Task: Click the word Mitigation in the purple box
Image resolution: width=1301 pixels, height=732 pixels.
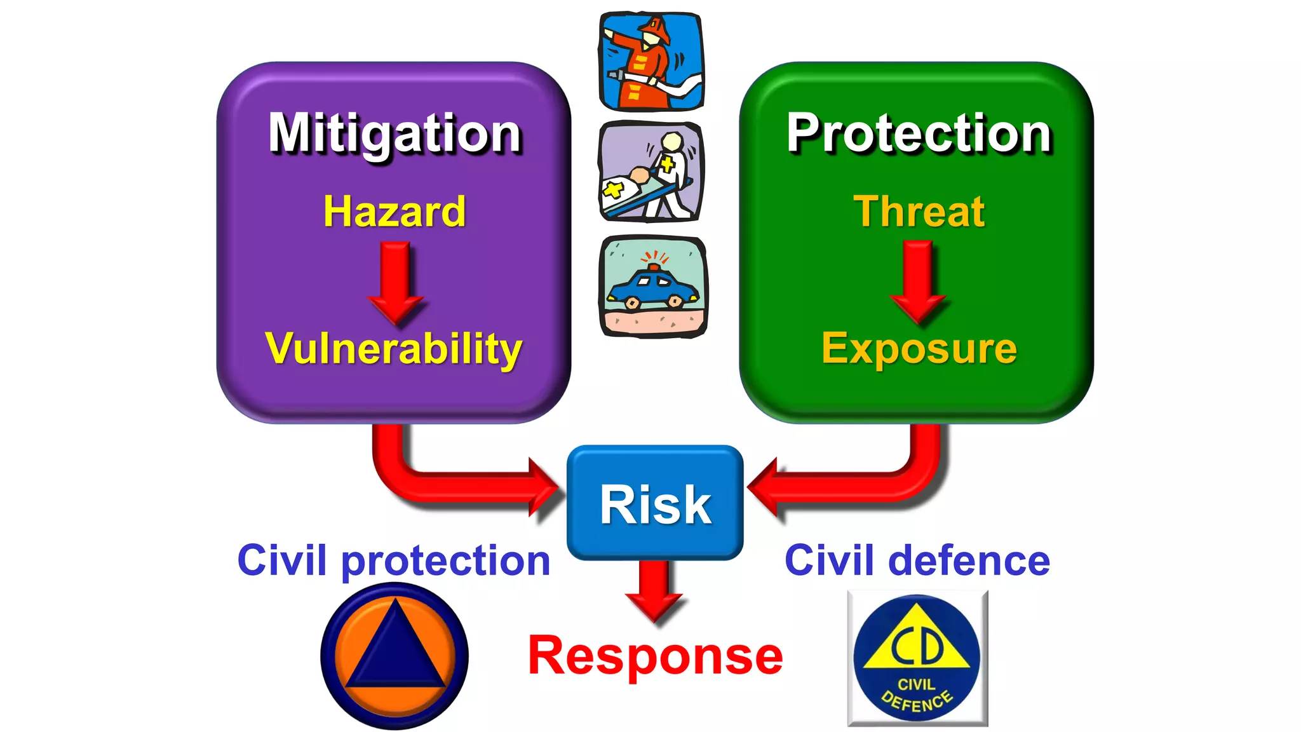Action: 394,133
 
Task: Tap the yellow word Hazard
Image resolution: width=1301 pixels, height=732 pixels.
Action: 394,212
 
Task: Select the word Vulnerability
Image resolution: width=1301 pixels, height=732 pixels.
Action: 394,349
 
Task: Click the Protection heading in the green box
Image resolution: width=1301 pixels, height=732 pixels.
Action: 919,133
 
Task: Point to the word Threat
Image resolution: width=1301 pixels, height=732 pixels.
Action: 919,212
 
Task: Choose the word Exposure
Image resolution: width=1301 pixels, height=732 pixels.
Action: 919,349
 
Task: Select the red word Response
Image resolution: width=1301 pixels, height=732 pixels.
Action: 655,656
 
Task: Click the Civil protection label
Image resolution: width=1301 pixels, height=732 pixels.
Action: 394,561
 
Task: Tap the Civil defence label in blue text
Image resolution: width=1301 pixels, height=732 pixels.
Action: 917,561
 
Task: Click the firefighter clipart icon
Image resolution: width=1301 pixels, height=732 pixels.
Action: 651,61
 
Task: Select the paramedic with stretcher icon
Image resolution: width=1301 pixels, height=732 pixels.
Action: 651,172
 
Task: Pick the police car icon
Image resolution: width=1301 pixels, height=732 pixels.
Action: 653,286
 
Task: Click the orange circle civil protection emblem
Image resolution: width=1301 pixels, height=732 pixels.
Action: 394,656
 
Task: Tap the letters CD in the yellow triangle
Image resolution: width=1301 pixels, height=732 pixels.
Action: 917,645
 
